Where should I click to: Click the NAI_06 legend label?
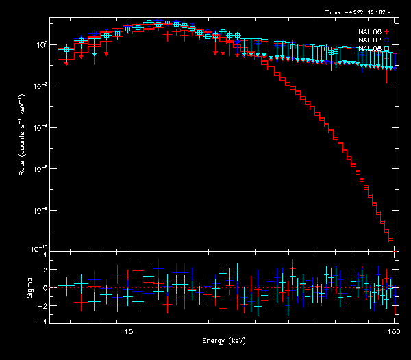point(369,32)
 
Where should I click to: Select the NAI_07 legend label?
point(369,40)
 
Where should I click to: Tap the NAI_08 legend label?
point(369,49)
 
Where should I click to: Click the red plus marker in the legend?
point(387,32)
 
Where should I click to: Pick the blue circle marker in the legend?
point(387,40)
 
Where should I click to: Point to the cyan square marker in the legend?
point(387,49)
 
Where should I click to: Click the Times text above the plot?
point(359,12)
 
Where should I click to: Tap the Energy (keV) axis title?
point(223,340)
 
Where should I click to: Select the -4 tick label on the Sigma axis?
point(44,321)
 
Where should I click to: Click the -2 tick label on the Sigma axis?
point(44,305)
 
